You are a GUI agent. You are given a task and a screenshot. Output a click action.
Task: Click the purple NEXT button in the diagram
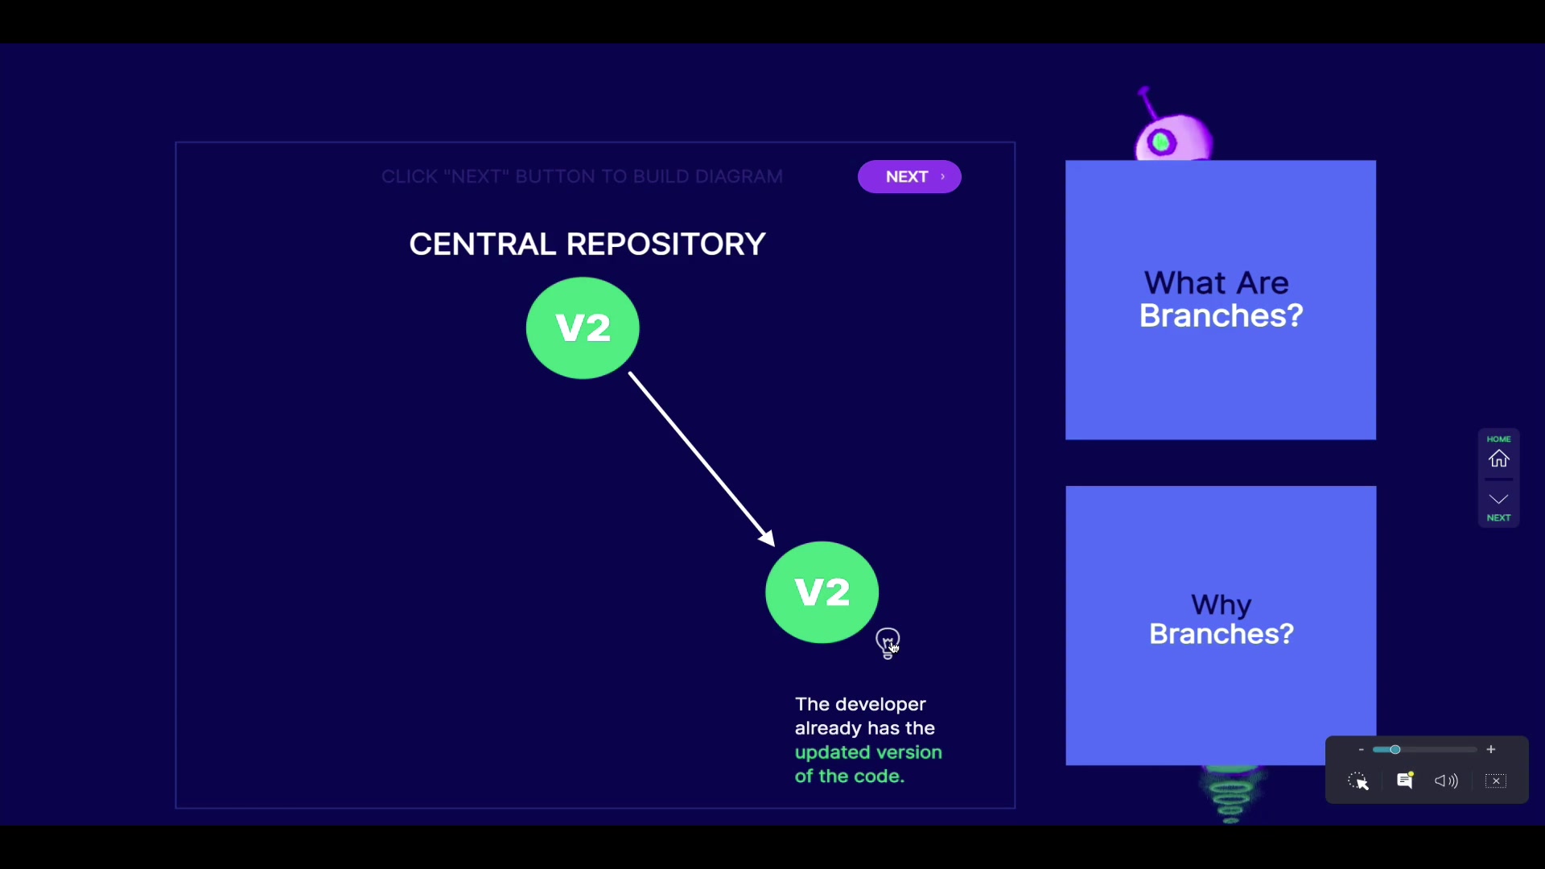[909, 177]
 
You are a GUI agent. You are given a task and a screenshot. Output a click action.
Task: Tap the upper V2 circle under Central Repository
[583, 327]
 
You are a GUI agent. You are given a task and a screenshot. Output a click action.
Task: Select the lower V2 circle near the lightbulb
[822, 592]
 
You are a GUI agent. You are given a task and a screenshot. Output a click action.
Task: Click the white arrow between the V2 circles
[701, 459]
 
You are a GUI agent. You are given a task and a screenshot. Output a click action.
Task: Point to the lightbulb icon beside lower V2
[888, 642]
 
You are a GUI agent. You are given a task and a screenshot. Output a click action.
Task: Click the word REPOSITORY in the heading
[666, 244]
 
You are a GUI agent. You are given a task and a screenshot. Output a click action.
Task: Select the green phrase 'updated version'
[868, 752]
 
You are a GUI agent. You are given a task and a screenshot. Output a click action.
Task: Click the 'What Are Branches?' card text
[1221, 299]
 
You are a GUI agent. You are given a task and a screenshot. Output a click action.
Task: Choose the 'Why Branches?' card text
[1221, 620]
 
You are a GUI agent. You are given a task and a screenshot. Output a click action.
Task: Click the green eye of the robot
[1161, 143]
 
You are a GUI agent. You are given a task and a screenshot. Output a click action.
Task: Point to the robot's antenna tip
[1143, 91]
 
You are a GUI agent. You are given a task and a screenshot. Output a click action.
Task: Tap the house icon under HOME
[1498, 459]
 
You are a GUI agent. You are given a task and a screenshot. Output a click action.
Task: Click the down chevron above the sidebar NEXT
[1498, 499]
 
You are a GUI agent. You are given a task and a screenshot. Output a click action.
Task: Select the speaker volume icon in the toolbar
[1446, 780]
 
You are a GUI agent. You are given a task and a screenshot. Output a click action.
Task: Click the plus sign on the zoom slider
[1491, 749]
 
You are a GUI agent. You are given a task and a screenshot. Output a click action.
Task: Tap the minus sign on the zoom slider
[1361, 749]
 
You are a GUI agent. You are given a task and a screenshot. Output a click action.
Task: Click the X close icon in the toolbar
[1496, 780]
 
